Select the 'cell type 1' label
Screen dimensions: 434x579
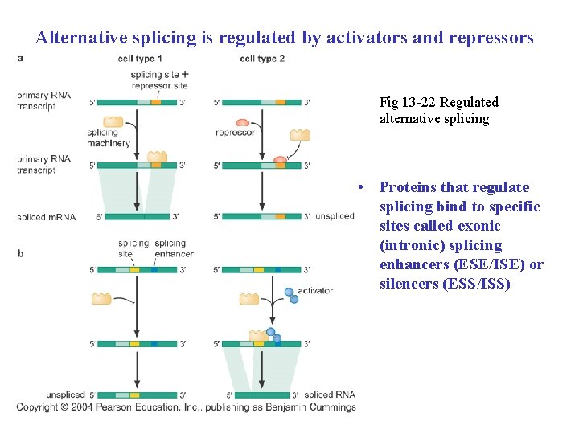pyautogui.click(x=139, y=59)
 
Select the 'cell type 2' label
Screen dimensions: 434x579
pyautogui.click(x=262, y=59)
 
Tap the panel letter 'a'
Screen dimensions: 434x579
pyautogui.click(x=20, y=58)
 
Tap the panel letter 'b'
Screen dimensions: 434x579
pyautogui.click(x=20, y=254)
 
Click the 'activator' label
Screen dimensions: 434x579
pyautogui.click(x=315, y=291)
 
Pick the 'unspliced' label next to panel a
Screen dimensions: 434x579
pyautogui.click(x=335, y=216)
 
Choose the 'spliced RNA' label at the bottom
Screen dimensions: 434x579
pyautogui.click(x=330, y=395)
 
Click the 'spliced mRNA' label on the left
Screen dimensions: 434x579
pyautogui.click(x=46, y=217)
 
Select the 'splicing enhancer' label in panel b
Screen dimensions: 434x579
pyautogui.click(x=174, y=248)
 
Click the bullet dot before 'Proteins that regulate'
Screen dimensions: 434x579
pyautogui.click(x=363, y=187)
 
